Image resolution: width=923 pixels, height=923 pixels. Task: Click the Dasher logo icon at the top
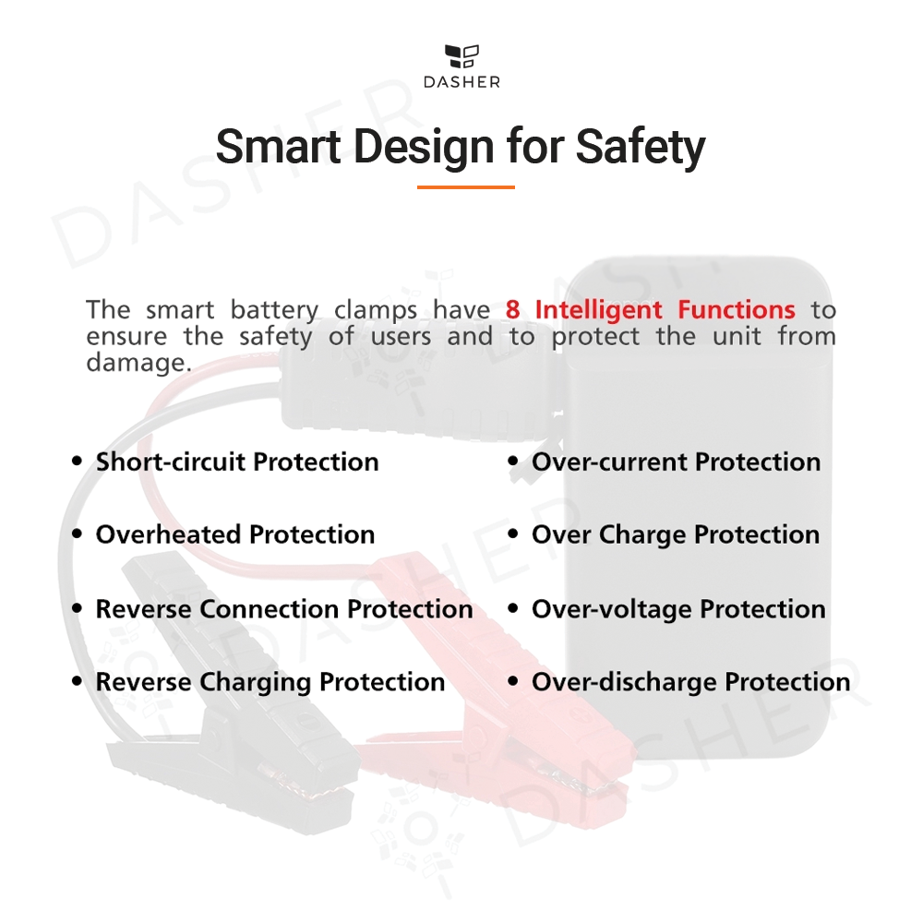pos(461,56)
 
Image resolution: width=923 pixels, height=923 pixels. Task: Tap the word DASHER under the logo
pos(462,82)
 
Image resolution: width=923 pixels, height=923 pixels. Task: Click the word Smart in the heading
pos(279,146)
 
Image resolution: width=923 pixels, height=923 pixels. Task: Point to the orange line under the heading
pos(465,187)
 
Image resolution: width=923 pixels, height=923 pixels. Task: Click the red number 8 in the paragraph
pos(512,309)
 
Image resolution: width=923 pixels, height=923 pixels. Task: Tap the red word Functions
pos(737,309)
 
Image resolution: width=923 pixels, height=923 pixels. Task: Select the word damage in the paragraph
pos(136,363)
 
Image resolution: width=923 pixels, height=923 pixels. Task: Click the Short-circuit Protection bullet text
pos(237,462)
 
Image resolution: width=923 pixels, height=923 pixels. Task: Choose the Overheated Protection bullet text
pos(235,534)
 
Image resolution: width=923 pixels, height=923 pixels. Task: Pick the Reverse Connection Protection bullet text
pos(284,608)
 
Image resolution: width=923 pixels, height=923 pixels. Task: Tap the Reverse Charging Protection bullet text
pos(270,682)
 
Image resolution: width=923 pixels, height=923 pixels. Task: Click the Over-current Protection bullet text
pos(677,462)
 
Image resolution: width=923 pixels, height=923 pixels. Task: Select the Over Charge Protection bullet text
pos(676,535)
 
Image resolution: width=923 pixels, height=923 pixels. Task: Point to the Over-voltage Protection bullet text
pos(678,609)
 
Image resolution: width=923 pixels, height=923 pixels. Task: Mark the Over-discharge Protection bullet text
pos(691,682)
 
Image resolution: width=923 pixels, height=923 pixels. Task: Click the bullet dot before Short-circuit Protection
pos(78,461)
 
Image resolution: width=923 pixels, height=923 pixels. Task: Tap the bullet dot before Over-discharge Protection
pos(513,681)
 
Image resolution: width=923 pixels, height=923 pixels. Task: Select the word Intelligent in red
pos(599,310)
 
